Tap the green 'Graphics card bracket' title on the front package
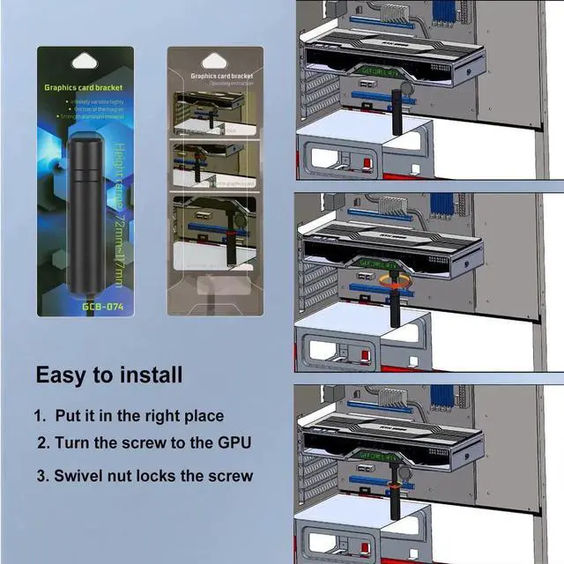[x=84, y=88]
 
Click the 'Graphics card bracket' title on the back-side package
[x=215, y=77]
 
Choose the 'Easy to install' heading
[x=108, y=375]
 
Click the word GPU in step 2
[x=233, y=442]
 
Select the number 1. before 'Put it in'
[x=40, y=416]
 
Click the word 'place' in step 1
[x=202, y=416]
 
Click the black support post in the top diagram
[x=396, y=110]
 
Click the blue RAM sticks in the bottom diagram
[x=441, y=404]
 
